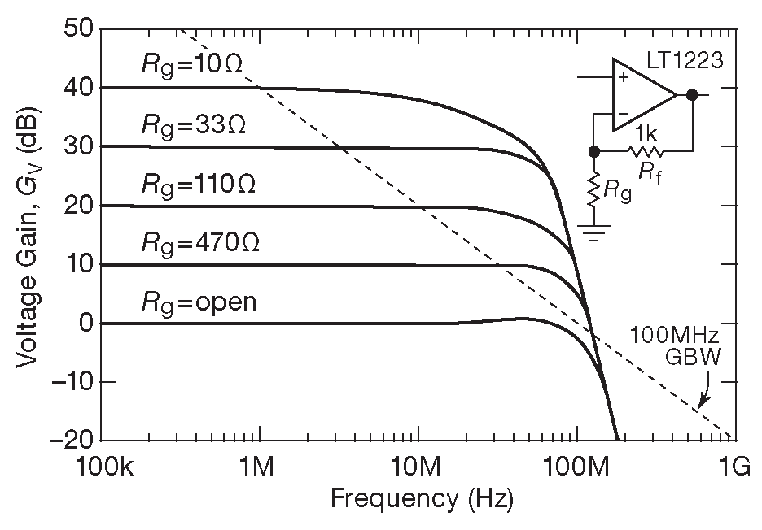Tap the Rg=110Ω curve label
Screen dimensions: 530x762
click(x=199, y=185)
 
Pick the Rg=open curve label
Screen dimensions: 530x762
click(x=199, y=302)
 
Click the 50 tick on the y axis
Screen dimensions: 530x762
click(x=78, y=28)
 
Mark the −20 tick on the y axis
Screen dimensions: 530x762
click(x=72, y=440)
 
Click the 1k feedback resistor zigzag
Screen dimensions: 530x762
click(x=645, y=150)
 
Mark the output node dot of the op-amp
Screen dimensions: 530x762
click(x=692, y=95)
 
